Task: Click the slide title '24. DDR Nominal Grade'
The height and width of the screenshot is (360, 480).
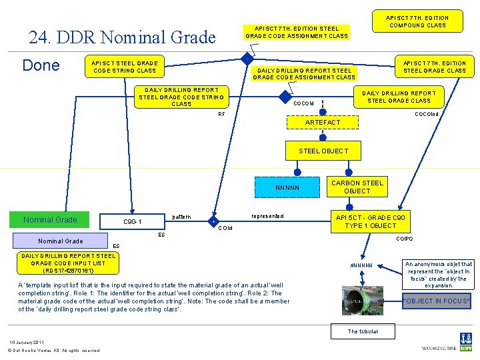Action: pyautogui.click(x=123, y=37)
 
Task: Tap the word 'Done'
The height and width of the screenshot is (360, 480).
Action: pyautogui.click(x=41, y=65)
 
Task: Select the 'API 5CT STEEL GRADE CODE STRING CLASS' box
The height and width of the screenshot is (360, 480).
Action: pyautogui.click(x=125, y=67)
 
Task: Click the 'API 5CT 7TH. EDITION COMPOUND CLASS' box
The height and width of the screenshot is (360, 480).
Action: pyautogui.click(x=418, y=21)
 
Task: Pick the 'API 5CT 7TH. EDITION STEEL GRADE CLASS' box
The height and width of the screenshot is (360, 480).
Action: pyautogui.click(x=435, y=67)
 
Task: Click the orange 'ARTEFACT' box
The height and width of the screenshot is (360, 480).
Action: pyautogui.click(x=322, y=123)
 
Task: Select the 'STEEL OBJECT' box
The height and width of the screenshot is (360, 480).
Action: pyautogui.click(x=323, y=151)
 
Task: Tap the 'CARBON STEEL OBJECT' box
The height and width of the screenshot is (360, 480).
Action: pyautogui.click(x=357, y=187)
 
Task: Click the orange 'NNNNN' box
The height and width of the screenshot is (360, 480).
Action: pyautogui.click(x=287, y=187)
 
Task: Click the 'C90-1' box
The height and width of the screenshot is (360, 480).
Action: pyautogui.click(x=133, y=221)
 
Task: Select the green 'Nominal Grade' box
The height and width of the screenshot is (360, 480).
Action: pyautogui.click(x=50, y=220)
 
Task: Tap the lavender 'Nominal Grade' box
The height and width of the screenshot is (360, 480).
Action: pyautogui.click(x=60, y=241)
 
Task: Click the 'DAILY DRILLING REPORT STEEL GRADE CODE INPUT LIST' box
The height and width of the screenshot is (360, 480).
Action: pyautogui.click(x=69, y=263)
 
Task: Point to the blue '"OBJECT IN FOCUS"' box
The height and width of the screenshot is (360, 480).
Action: pyautogui.click(x=437, y=301)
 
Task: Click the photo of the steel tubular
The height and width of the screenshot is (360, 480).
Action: pyautogui.click(x=363, y=300)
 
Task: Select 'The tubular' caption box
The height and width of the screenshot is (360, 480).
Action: pyautogui.click(x=362, y=331)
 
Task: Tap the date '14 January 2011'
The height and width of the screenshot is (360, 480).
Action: pyautogui.click(x=27, y=343)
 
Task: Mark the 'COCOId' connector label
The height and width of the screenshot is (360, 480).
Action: pyautogui.click(x=303, y=104)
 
